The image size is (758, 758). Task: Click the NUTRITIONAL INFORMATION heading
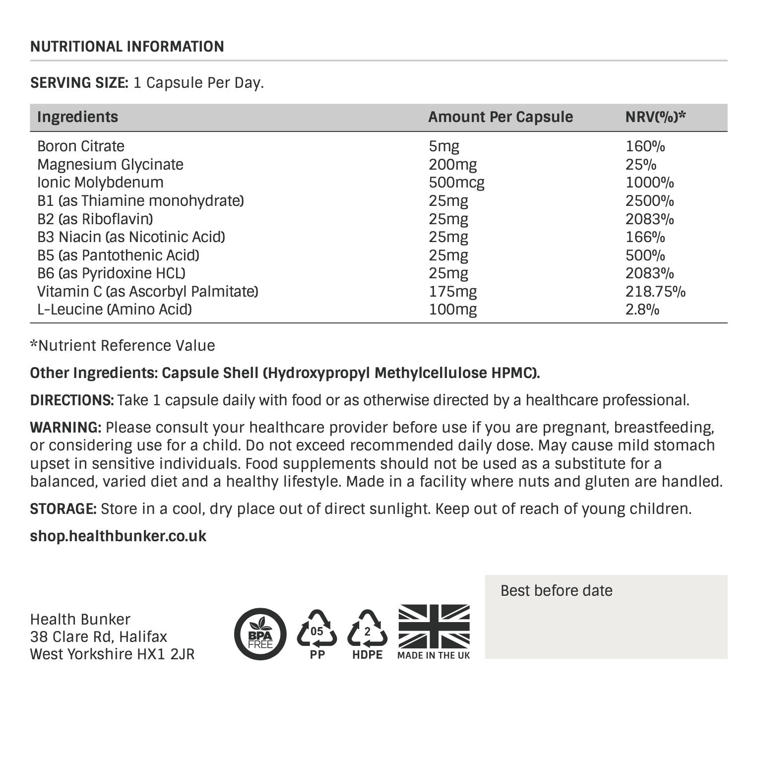point(127,47)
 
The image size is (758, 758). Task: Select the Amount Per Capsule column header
point(500,117)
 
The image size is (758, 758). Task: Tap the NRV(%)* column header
point(655,117)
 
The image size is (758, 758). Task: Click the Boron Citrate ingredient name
point(81,146)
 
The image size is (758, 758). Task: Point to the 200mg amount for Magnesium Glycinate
point(452,165)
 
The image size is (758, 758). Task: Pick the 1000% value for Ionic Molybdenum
point(649,183)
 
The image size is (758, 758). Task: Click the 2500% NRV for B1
point(649,201)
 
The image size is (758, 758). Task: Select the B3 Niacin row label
point(131,237)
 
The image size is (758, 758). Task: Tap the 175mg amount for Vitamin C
point(452,292)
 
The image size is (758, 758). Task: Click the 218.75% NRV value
point(655,292)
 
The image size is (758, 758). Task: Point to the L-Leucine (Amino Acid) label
point(115,310)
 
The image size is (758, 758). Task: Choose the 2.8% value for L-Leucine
point(642,310)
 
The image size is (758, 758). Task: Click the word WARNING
point(65,427)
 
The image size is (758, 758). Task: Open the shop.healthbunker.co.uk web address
point(118,536)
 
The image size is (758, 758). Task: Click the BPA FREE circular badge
point(260,634)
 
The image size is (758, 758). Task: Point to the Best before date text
point(556,591)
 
